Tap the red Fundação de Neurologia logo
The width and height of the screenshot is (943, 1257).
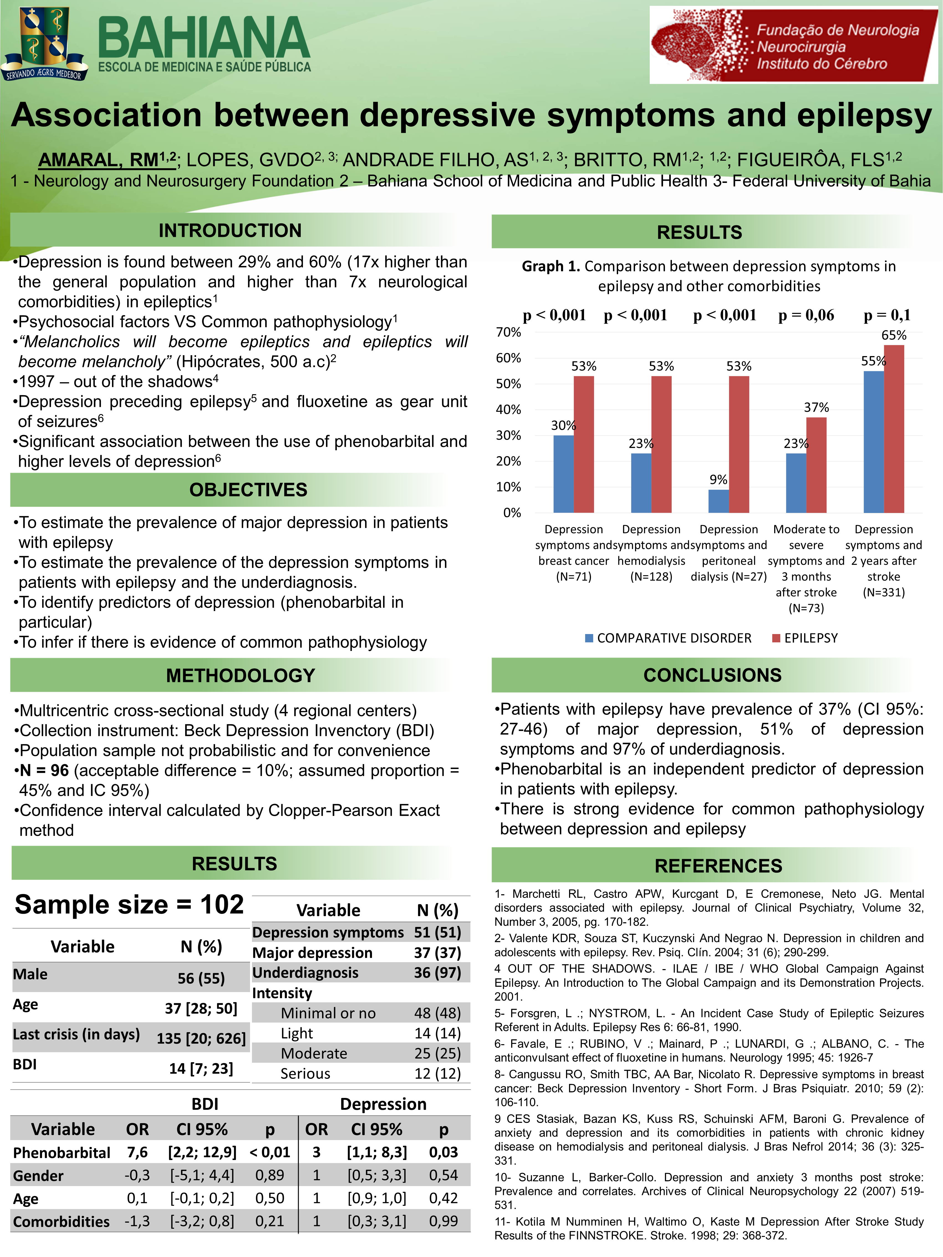tap(794, 45)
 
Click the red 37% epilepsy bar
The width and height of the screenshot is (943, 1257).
tap(816, 465)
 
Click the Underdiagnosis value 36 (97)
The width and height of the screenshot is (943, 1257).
tap(437, 973)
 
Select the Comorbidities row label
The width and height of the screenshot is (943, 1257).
tap(61, 1221)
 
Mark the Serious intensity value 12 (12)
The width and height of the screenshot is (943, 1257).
tap(437, 1074)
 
